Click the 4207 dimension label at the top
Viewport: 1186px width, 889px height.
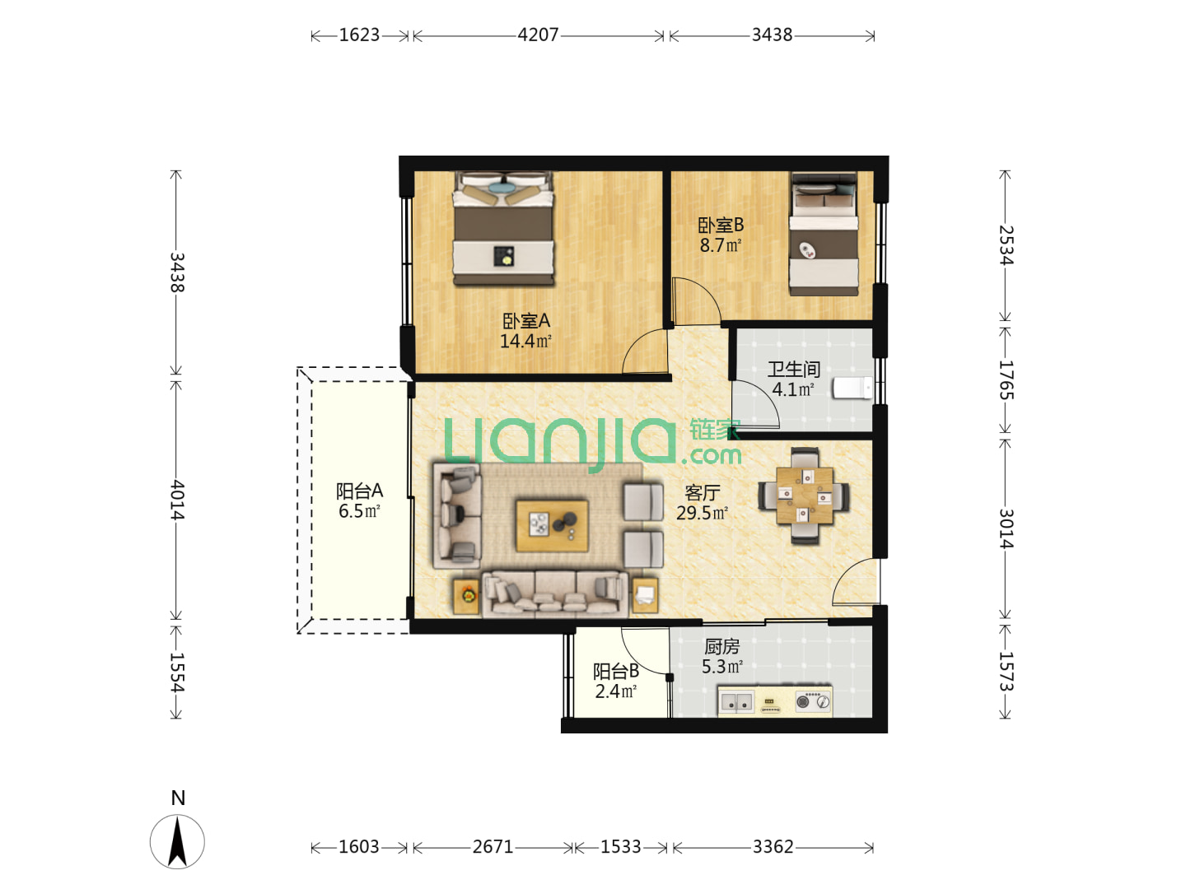(x=538, y=35)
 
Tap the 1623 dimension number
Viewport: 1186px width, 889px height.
(x=359, y=35)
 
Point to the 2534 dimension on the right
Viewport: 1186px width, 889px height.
(x=1006, y=245)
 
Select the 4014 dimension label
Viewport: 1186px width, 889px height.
(x=177, y=500)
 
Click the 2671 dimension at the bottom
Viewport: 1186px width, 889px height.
(x=493, y=846)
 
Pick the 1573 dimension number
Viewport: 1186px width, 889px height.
(x=1006, y=672)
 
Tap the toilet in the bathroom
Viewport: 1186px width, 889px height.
(x=852, y=388)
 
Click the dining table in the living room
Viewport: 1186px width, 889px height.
(x=805, y=496)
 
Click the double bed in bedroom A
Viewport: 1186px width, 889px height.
(x=503, y=229)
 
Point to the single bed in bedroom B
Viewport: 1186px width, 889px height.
(x=824, y=234)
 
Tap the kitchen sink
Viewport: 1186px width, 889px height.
(x=736, y=702)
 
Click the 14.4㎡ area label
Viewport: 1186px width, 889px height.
(x=525, y=341)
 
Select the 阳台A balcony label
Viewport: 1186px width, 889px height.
(x=359, y=491)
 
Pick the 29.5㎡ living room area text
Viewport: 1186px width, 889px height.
(x=702, y=513)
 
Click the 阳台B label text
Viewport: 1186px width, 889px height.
(x=616, y=671)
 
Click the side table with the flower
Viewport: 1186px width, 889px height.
(x=467, y=597)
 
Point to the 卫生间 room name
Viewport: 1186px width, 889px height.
(x=794, y=370)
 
